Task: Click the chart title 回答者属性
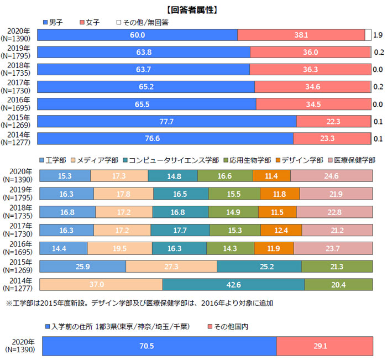tap(193, 9)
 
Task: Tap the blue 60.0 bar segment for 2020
tap(137, 35)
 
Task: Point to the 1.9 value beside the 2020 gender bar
tap(378, 35)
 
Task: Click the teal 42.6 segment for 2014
tap(233, 284)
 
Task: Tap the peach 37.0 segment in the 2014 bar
tap(101, 284)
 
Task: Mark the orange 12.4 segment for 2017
tap(281, 230)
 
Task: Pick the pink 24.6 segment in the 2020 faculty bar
tap(331, 176)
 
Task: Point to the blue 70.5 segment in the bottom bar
tap(159, 347)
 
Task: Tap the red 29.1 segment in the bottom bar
tap(324, 347)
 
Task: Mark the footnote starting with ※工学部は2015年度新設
tap(138, 303)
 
